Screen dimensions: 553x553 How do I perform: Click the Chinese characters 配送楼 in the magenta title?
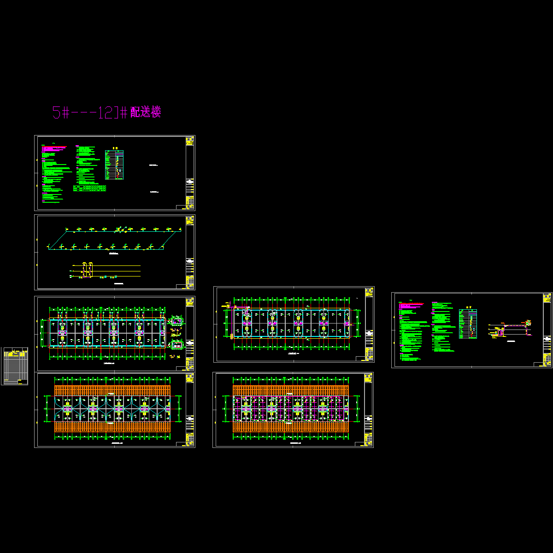coord(146,112)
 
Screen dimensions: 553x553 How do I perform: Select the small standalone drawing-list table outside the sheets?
coord(14,366)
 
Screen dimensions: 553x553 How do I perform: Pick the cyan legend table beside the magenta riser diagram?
coord(468,324)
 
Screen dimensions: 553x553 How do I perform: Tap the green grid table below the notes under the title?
coord(89,188)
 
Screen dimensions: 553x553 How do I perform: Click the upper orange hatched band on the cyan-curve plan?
coord(112,390)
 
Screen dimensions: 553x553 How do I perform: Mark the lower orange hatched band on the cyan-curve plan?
coord(112,426)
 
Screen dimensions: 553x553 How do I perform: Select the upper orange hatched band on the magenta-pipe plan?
coord(291,390)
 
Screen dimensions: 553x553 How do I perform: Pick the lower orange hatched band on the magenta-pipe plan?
coord(291,427)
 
